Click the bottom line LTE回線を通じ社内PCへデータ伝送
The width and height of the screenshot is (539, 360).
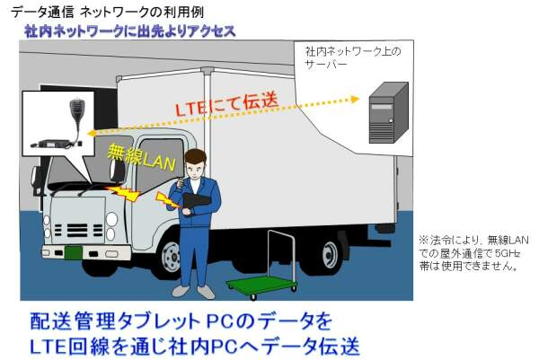[x=190, y=345]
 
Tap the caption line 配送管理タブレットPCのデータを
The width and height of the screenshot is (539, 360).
[x=175, y=320]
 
